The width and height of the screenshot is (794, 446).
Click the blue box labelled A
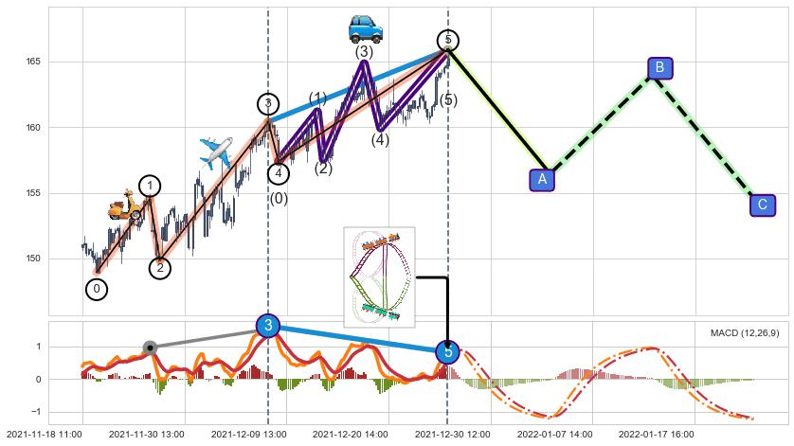[x=542, y=178]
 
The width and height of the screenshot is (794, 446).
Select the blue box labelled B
[x=660, y=67]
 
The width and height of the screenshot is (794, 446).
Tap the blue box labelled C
[x=762, y=205]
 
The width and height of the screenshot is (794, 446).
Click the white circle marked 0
[x=97, y=289]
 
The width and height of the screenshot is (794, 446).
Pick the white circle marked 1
[x=150, y=186]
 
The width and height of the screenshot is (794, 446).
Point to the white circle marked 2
[x=160, y=268]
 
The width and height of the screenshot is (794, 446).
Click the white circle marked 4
[x=279, y=173]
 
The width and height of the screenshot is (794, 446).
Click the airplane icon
[x=216, y=152]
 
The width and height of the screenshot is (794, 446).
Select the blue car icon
[x=365, y=28]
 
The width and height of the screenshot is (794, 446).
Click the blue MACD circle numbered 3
[x=268, y=326]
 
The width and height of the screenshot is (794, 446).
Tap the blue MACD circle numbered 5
[x=447, y=351]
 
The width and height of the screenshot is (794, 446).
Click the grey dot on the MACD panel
[x=149, y=348]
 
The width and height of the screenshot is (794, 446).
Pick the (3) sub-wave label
[x=364, y=53]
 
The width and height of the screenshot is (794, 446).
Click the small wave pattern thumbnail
[x=379, y=277]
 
